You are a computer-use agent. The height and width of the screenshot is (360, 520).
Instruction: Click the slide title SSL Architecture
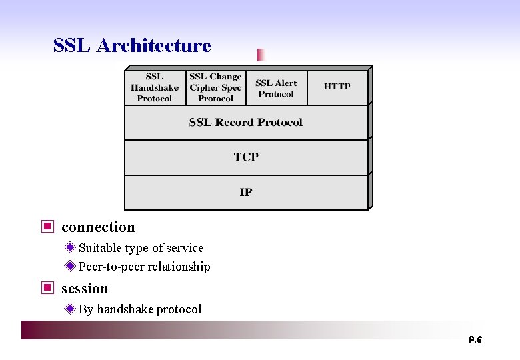pyautogui.click(x=132, y=45)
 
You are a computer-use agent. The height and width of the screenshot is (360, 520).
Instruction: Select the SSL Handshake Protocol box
pyautogui.click(x=155, y=87)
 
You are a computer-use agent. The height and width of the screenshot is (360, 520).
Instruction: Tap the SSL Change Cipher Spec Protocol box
pyautogui.click(x=215, y=87)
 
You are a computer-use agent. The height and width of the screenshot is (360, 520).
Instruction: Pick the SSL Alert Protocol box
pyautogui.click(x=276, y=88)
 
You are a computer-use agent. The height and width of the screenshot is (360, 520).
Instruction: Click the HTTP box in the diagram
pyautogui.click(x=337, y=87)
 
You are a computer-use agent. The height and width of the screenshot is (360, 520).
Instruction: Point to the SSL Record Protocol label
pyautogui.click(x=245, y=123)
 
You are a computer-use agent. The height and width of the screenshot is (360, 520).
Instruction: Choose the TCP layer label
pyautogui.click(x=246, y=157)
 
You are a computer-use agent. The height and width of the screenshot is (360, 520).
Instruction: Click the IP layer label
pyautogui.click(x=246, y=193)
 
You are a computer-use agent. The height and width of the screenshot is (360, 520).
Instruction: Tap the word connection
pyautogui.click(x=98, y=227)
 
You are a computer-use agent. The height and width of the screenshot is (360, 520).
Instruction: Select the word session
pyautogui.click(x=85, y=289)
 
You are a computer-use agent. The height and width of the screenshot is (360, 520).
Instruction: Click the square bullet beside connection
pyautogui.click(x=47, y=227)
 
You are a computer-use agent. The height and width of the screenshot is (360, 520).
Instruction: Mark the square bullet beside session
pyautogui.click(x=47, y=288)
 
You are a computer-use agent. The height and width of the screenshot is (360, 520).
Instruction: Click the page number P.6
pyautogui.click(x=475, y=340)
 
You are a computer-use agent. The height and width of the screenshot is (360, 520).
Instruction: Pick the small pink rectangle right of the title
pyautogui.click(x=261, y=55)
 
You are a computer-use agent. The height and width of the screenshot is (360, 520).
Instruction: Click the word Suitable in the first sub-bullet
pyautogui.click(x=99, y=248)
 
